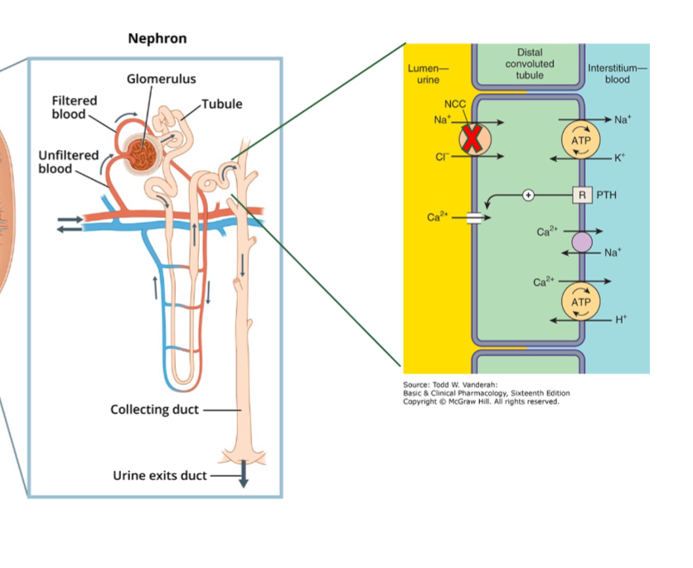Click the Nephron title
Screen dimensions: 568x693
157,39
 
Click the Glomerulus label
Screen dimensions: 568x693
161,79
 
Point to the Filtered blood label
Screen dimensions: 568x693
74,107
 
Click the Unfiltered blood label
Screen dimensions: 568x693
68,162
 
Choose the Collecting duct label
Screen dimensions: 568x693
154,410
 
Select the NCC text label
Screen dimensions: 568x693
454,105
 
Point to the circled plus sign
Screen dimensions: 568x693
527,195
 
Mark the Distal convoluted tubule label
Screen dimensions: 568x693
530,64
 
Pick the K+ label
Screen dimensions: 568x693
621,158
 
